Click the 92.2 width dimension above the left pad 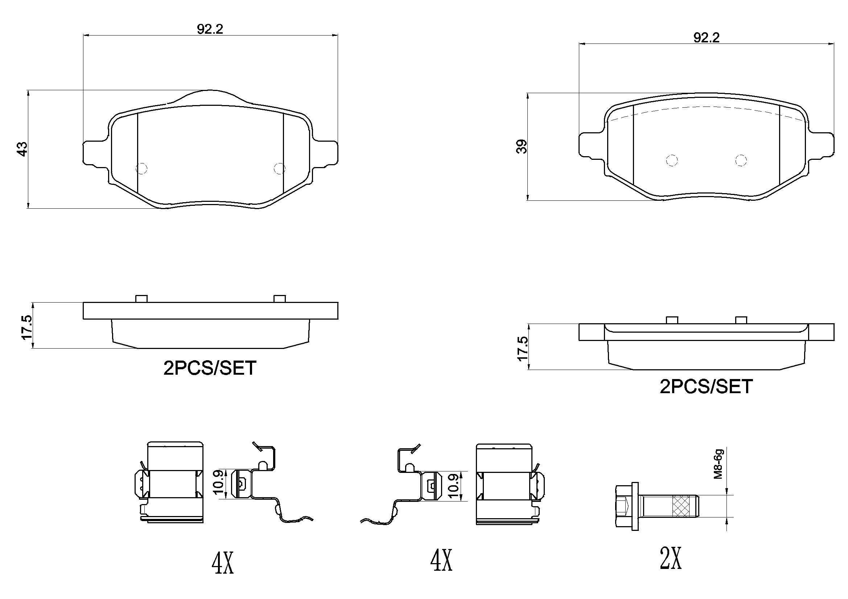(210, 29)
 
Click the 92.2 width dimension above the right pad (706, 38)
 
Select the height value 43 (23, 149)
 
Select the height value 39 (522, 146)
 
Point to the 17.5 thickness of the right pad (523, 348)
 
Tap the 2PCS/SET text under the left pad (210, 368)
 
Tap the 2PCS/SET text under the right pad (706, 387)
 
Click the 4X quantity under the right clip (441, 560)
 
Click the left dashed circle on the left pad (142, 168)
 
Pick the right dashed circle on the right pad (741, 161)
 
